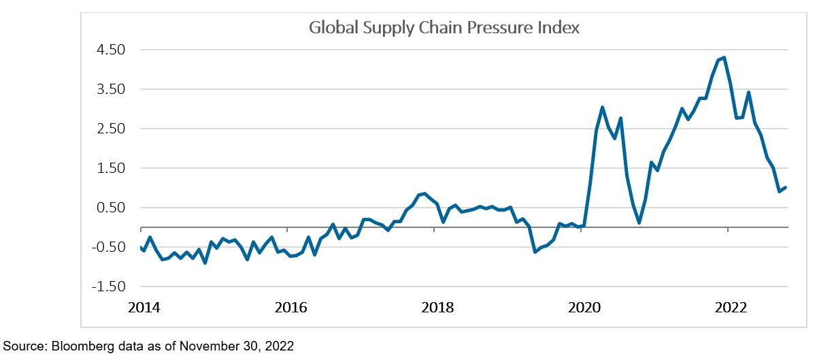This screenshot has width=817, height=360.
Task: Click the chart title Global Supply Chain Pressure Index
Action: [x=444, y=28]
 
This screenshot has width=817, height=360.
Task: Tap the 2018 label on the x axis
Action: [x=437, y=308]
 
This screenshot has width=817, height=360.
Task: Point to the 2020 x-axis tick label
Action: [x=584, y=308]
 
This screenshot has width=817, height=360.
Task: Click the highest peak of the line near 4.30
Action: [x=724, y=57]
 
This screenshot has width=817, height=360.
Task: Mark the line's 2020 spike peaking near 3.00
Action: [x=603, y=107]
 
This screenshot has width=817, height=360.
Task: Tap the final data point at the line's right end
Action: [x=786, y=187]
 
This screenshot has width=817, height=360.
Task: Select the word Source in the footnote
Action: [x=20, y=346]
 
